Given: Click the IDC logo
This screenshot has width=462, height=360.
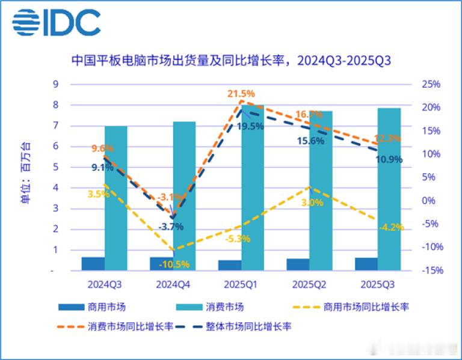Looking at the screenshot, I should [56, 23].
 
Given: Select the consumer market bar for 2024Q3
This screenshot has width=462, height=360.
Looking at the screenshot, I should [116, 198].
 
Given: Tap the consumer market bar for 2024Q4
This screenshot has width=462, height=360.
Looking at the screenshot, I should [184, 196].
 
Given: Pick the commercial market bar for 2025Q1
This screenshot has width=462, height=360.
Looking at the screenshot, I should [230, 265].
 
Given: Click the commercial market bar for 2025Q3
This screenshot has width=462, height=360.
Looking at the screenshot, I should [366, 264].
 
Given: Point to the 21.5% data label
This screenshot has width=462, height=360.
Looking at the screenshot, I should [241, 94].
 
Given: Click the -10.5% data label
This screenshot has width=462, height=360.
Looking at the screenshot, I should [174, 264].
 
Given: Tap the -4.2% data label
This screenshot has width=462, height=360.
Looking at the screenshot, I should [391, 227].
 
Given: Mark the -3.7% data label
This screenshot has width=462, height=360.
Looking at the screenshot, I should [171, 227].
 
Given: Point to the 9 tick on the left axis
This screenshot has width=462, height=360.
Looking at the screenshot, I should [55, 84].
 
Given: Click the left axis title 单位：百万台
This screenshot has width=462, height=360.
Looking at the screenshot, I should [25, 174].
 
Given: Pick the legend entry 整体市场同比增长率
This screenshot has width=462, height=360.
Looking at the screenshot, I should [248, 326].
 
